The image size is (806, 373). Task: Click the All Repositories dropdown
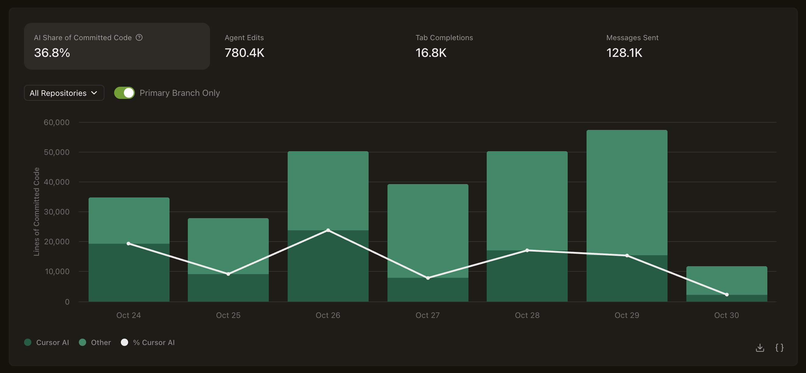point(64,93)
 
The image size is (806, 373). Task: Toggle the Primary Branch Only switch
point(124,93)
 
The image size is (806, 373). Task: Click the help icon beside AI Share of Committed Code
point(139,37)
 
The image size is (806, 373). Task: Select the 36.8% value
point(52,53)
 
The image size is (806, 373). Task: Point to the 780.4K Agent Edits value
point(244,53)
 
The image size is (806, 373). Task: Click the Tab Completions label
point(444,37)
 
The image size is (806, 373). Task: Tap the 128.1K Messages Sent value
point(624,53)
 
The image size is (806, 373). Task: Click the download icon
point(760,347)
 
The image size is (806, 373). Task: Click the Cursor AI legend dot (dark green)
point(28,342)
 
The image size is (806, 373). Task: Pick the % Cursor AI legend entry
point(148,342)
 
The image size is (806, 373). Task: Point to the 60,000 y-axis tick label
point(57,122)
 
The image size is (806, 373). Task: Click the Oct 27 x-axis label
point(427,315)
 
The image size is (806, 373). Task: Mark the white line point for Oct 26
point(328,230)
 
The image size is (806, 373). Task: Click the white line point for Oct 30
point(727,294)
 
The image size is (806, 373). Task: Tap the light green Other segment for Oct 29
point(627,193)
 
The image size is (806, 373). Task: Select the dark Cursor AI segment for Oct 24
point(129,272)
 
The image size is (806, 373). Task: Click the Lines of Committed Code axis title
point(36,211)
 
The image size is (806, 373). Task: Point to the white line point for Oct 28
point(527,250)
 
